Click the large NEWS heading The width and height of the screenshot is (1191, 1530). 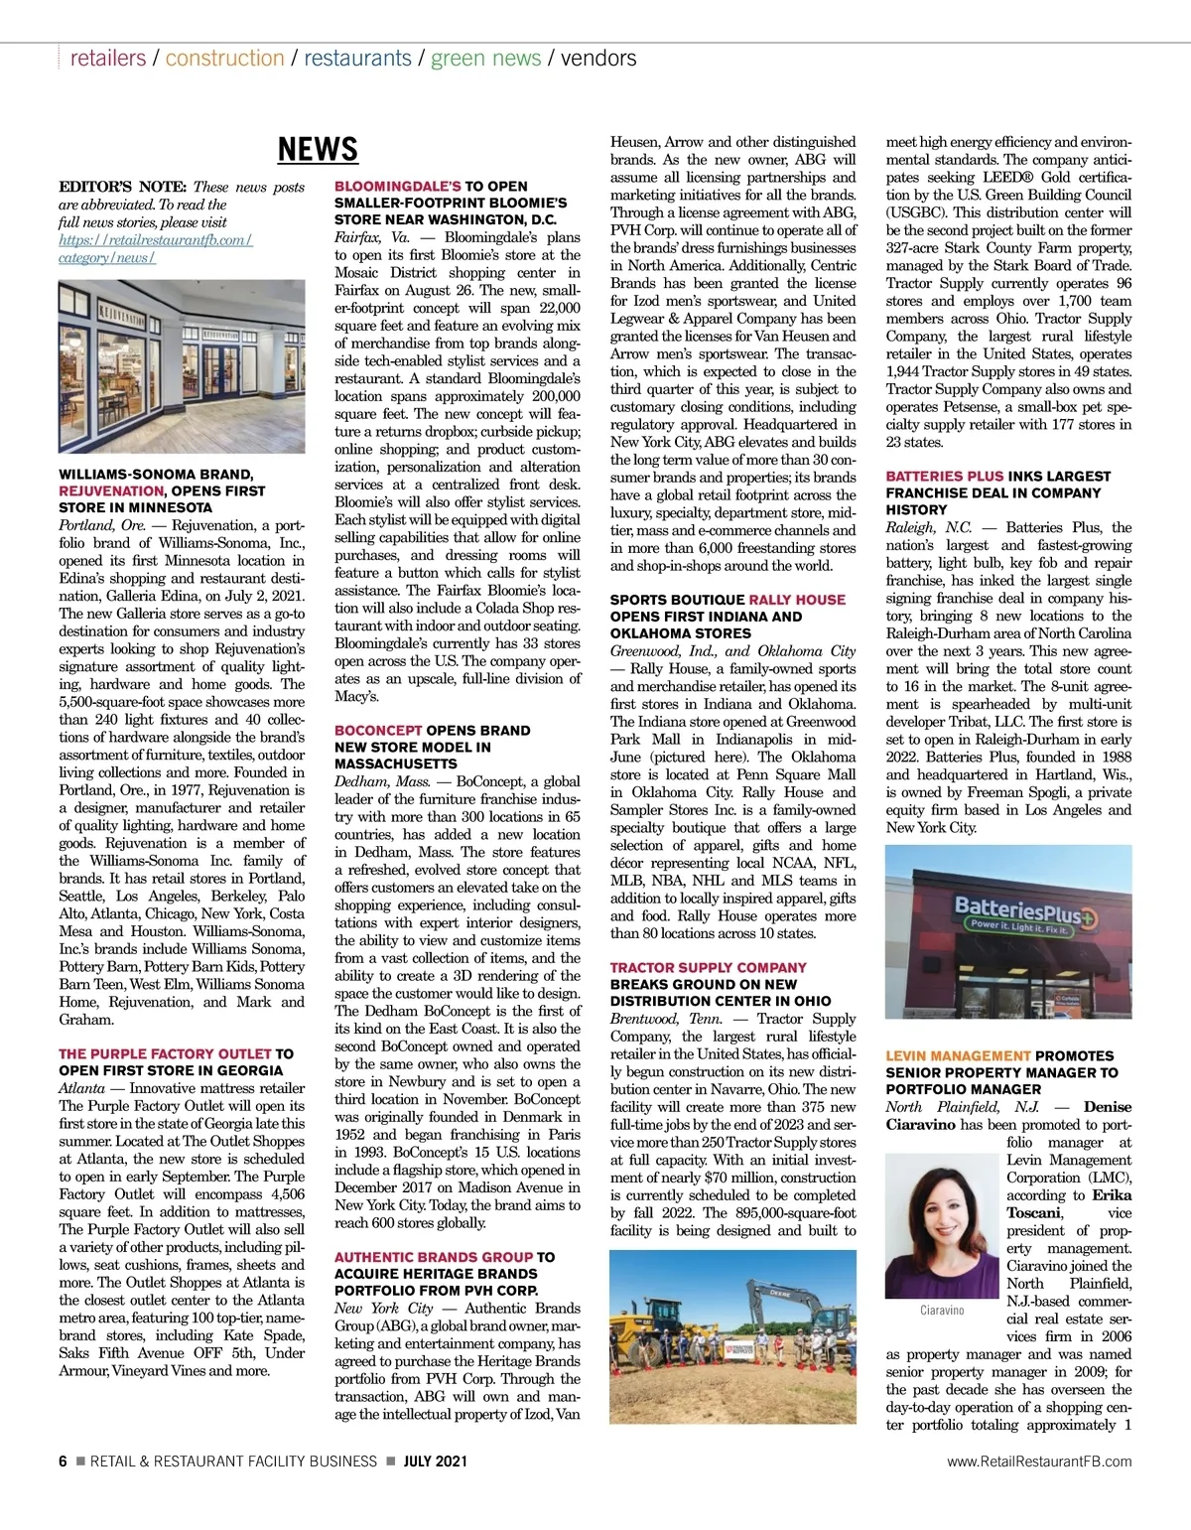click(318, 149)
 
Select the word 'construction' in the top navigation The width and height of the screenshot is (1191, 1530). click(224, 58)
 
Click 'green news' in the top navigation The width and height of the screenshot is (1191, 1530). click(485, 58)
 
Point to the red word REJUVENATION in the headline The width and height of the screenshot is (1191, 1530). click(111, 490)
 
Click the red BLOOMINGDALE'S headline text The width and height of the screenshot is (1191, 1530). click(397, 186)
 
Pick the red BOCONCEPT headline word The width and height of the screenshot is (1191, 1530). click(378, 730)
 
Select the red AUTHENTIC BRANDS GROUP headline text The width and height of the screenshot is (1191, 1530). click(434, 1257)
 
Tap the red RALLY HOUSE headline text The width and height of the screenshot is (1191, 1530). click(797, 600)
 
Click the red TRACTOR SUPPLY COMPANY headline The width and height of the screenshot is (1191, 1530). click(708, 967)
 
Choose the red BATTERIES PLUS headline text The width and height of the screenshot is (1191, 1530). click(946, 476)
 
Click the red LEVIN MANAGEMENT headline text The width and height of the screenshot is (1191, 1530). click(958, 1055)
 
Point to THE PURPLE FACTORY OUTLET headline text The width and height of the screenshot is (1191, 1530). click(165, 1053)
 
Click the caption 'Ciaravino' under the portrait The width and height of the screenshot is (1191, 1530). click(942, 1311)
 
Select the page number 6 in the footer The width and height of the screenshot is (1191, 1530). click(64, 1460)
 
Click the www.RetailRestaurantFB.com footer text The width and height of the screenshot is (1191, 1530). click(1039, 1460)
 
